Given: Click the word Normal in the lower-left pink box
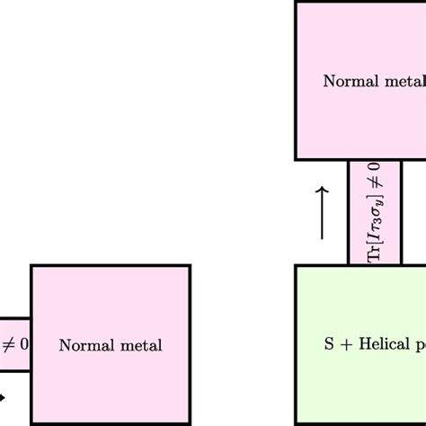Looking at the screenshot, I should [80, 345].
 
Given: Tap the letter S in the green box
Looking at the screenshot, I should [327, 345].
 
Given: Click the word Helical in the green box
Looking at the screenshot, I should [377, 345].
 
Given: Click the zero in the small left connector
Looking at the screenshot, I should [23, 344].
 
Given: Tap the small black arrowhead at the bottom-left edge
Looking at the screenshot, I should [3, 395].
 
